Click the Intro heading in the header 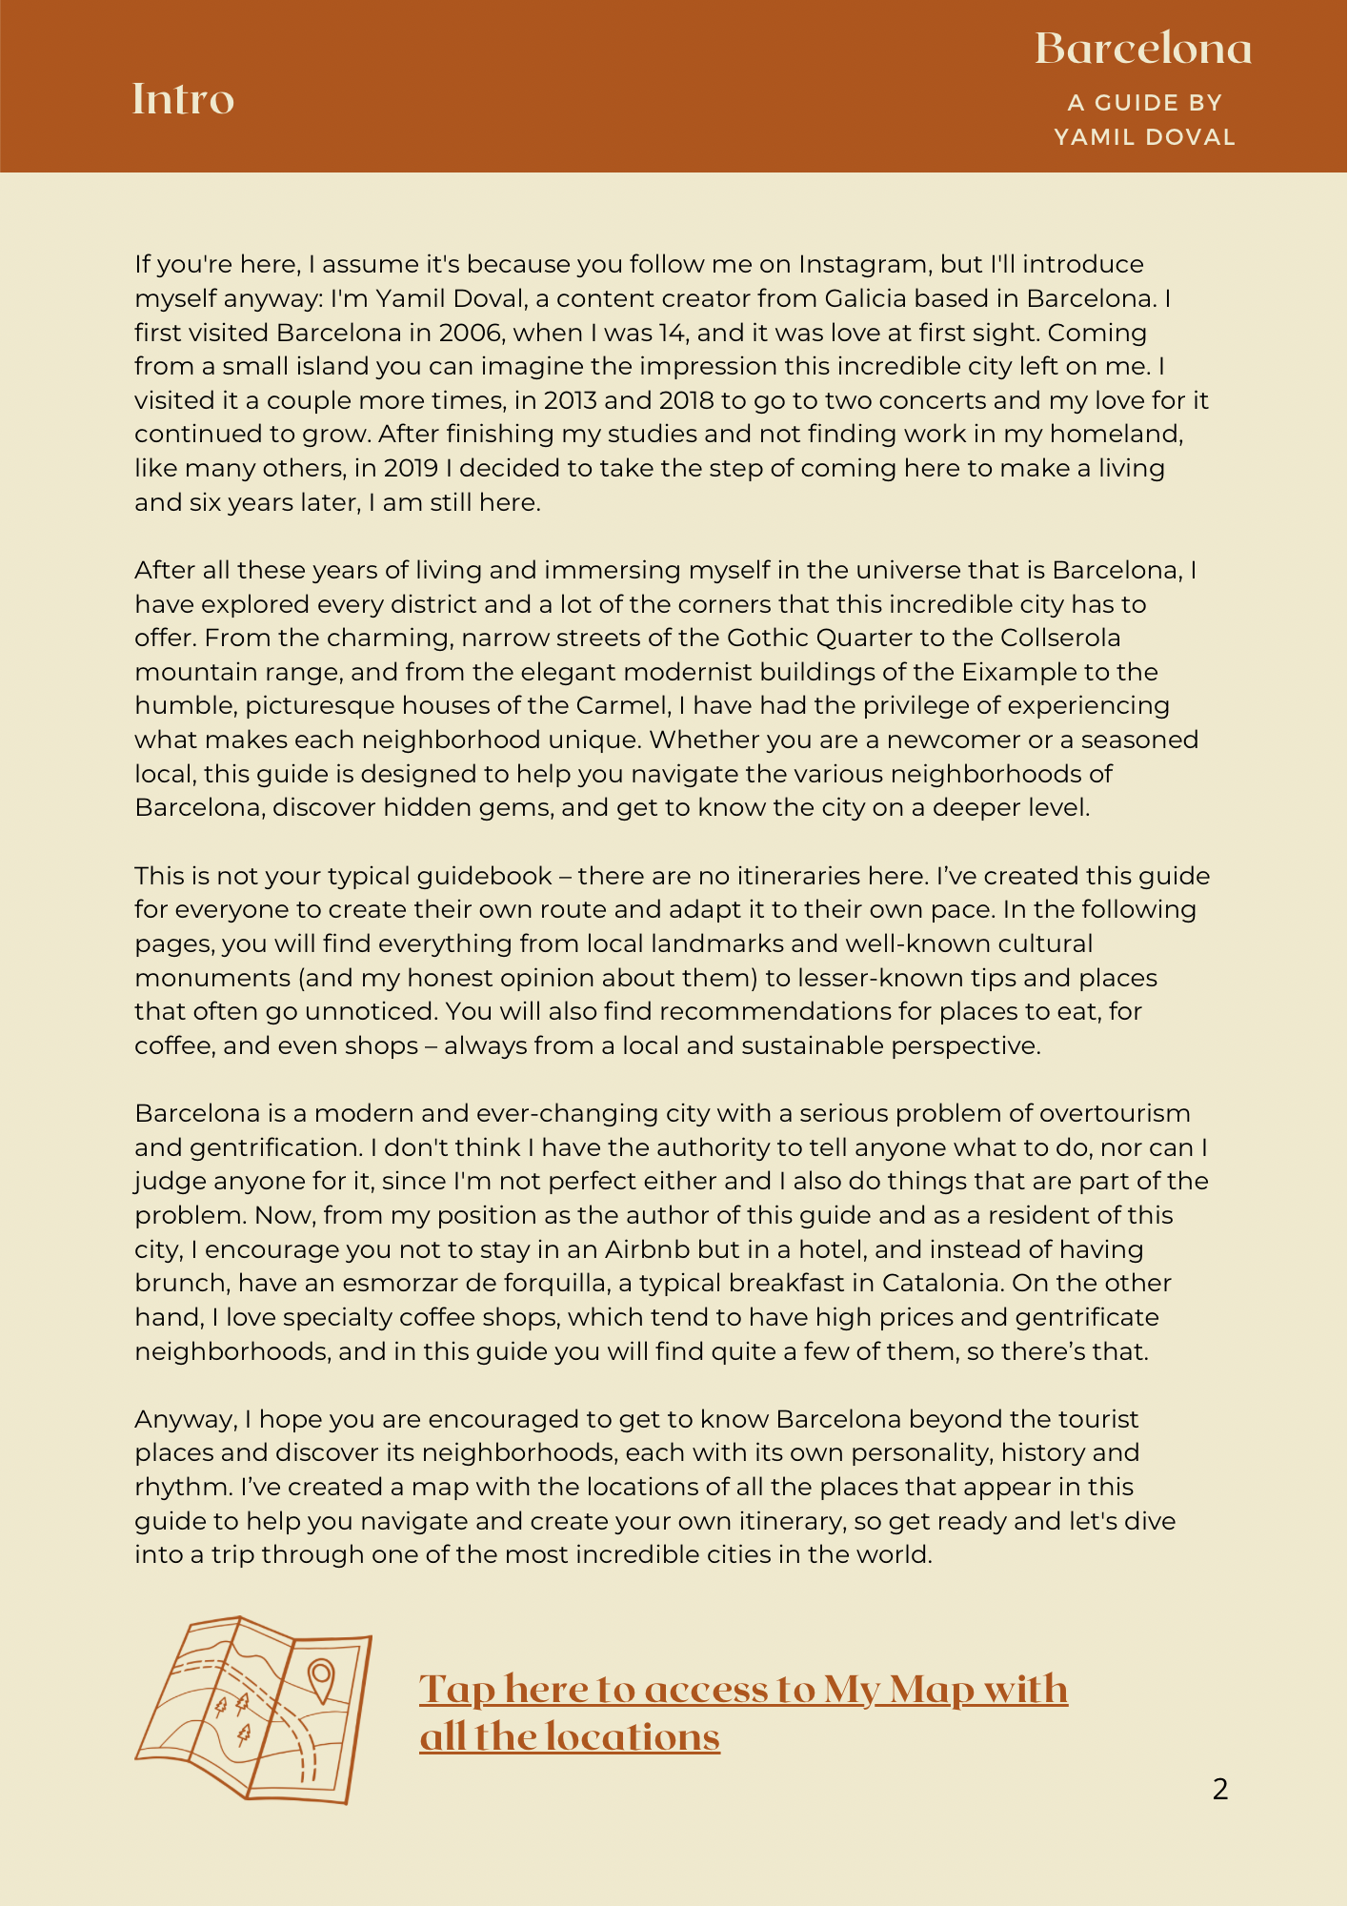pyautogui.click(x=183, y=99)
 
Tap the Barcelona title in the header pyautogui.click(x=1143, y=49)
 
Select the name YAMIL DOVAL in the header pyautogui.click(x=1144, y=137)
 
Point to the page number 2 pyautogui.click(x=1220, y=1789)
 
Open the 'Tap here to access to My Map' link pyautogui.click(x=743, y=1713)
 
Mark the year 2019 pyautogui.click(x=412, y=469)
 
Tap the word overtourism pyautogui.click(x=1115, y=1114)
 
